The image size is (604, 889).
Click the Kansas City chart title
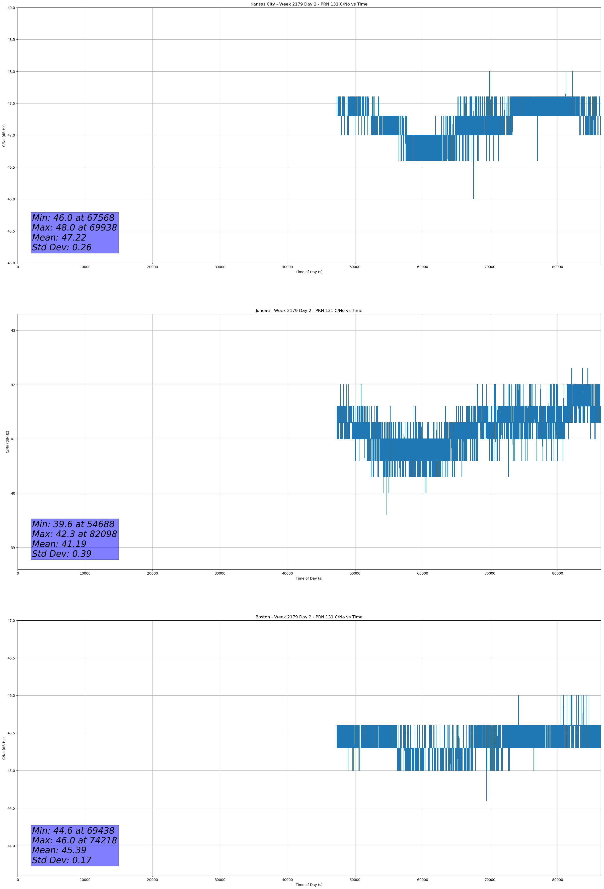coord(309,4)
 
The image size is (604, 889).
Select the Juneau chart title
coord(309,311)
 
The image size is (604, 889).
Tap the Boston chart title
coord(309,617)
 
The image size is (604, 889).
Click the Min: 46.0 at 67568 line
coord(73,218)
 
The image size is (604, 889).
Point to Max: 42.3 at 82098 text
coord(74,534)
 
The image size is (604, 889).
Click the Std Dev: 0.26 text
coord(62,248)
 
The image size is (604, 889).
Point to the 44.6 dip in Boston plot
coord(486,800)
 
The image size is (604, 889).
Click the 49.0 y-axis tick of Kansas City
coord(11,8)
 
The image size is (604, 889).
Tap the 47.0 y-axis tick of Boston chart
coord(11,620)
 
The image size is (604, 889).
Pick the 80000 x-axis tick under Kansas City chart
coord(557,267)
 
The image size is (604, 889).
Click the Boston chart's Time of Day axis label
coord(309,885)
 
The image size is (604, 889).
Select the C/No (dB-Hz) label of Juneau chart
coord(7,442)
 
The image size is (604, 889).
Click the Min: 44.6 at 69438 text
coord(73,830)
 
